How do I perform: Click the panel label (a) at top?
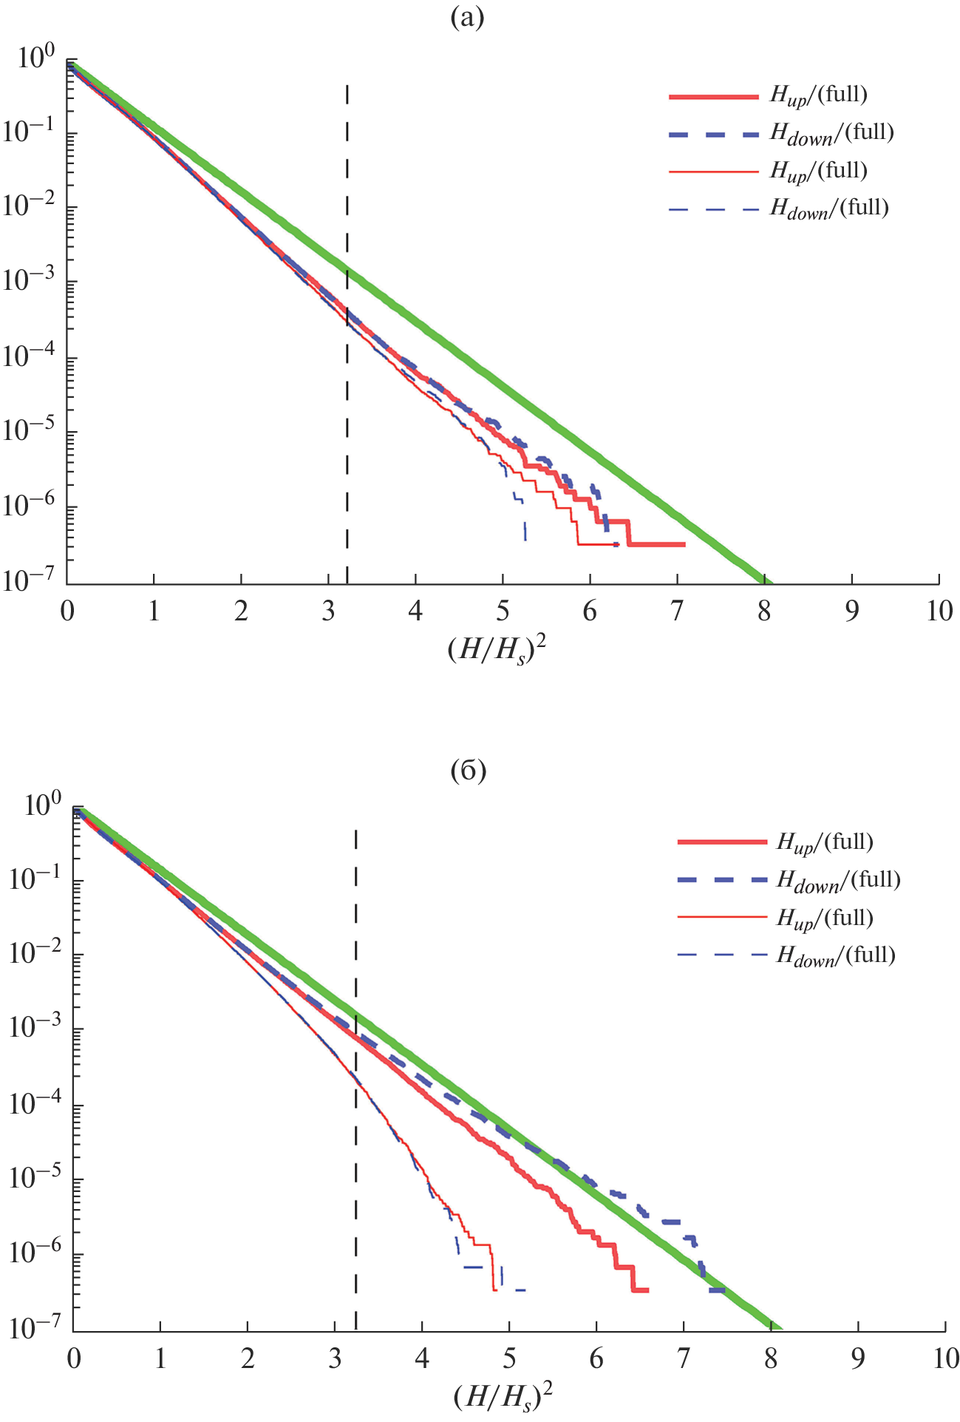(467, 19)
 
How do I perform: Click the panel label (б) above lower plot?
(468, 771)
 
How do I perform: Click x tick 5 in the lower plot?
(509, 1359)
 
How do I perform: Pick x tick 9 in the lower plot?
(858, 1359)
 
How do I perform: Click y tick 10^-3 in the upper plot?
(30, 281)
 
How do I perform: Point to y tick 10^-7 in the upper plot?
(30, 581)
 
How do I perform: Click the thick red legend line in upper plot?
(713, 97)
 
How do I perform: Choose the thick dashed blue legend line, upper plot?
(713, 135)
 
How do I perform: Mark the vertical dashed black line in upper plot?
(347, 444)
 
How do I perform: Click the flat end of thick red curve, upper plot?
(658, 544)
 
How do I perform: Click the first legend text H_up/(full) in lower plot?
(825, 842)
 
